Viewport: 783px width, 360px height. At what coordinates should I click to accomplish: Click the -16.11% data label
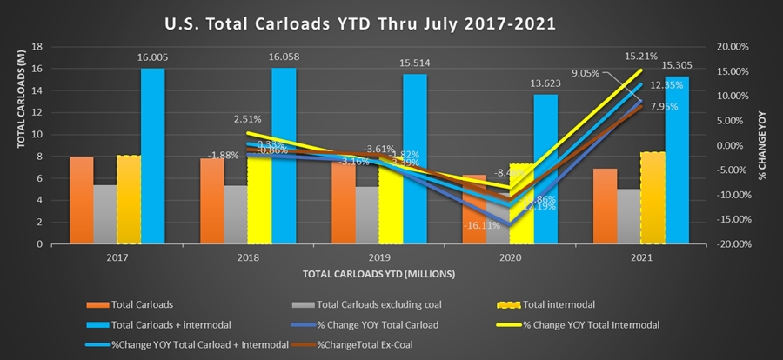tap(479, 223)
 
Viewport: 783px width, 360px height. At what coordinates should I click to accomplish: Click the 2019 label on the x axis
tap(379, 257)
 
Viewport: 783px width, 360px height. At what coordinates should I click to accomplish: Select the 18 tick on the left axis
tap(36, 47)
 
